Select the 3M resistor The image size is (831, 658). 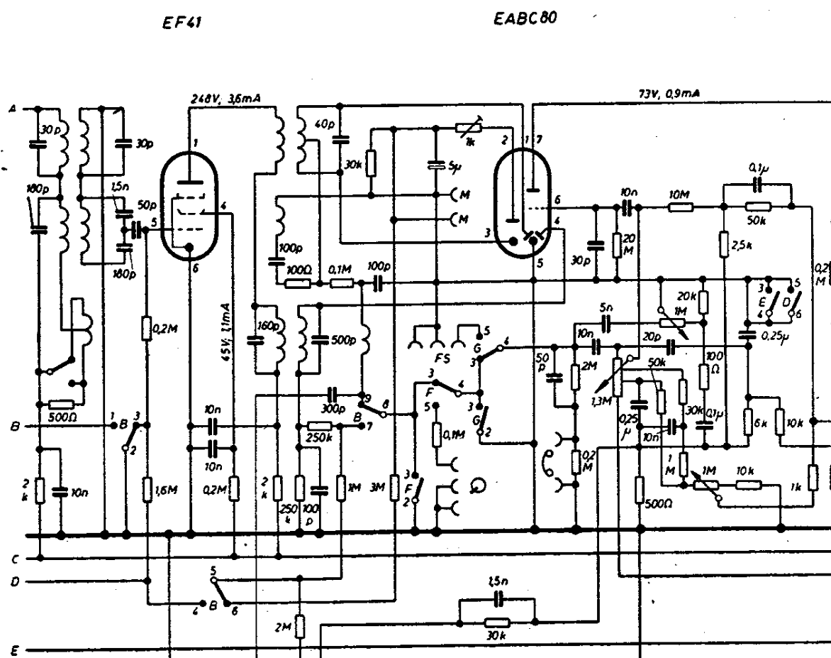coord(396,488)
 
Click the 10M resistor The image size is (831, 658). coord(681,207)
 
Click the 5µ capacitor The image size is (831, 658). coord(436,166)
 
